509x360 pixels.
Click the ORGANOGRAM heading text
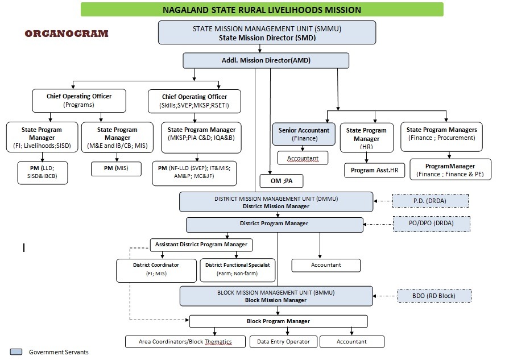(x=67, y=34)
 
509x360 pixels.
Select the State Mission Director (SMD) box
(x=267, y=33)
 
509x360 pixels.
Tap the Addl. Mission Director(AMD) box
(x=266, y=60)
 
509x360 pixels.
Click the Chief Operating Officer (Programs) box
(x=79, y=101)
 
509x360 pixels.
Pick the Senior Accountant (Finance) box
(x=304, y=134)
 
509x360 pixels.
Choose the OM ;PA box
(x=282, y=181)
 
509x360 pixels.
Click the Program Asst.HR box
(x=375, y=170)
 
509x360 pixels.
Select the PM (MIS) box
(x=116, y=168)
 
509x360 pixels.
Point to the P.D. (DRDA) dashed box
(x=431, y=201)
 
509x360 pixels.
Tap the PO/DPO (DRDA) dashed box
(x=432, y=224)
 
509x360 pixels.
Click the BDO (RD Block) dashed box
(x=434, y=296)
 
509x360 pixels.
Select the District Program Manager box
(x=274, y=225)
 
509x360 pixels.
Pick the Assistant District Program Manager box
(x=201, y=245)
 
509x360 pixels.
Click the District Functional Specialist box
(x=238, y=270)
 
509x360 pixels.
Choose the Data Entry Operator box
(x=283, y=341)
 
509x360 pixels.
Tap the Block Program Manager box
(x=278, y=321)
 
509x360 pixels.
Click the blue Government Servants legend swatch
(x=16, y=352)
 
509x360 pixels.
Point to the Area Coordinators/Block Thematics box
(x=185, y=341)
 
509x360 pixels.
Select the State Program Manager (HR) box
(x=366, y=138)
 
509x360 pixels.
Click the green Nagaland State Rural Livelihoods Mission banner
(x=262, y=10)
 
